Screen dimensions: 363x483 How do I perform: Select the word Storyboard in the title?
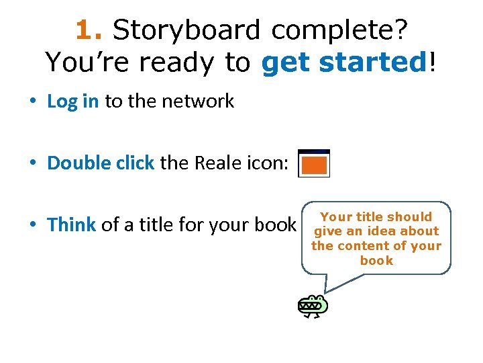coord(186,30)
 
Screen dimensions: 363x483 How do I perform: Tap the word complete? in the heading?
coord(340,30)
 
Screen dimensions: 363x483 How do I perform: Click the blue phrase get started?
coord(344,63)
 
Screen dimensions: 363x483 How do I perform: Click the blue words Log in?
coord(73,102)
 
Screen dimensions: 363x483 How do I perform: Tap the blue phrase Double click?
coord(101,163)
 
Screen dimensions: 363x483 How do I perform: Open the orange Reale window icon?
coord(314,163)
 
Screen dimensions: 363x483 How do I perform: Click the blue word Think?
coord(72,225)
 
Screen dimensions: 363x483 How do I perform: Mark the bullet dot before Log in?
coord(33,102)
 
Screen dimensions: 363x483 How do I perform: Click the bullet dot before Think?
coord(33,225)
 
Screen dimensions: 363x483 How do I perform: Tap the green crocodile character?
coord(313,306)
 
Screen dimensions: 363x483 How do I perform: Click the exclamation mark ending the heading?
coord(433,63)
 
